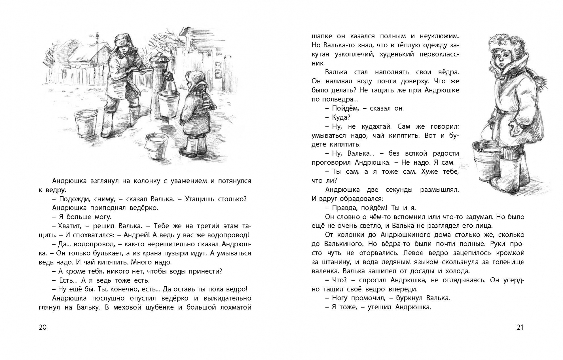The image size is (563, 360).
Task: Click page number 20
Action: [43, 327]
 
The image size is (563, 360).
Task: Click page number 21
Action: [520, 327]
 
